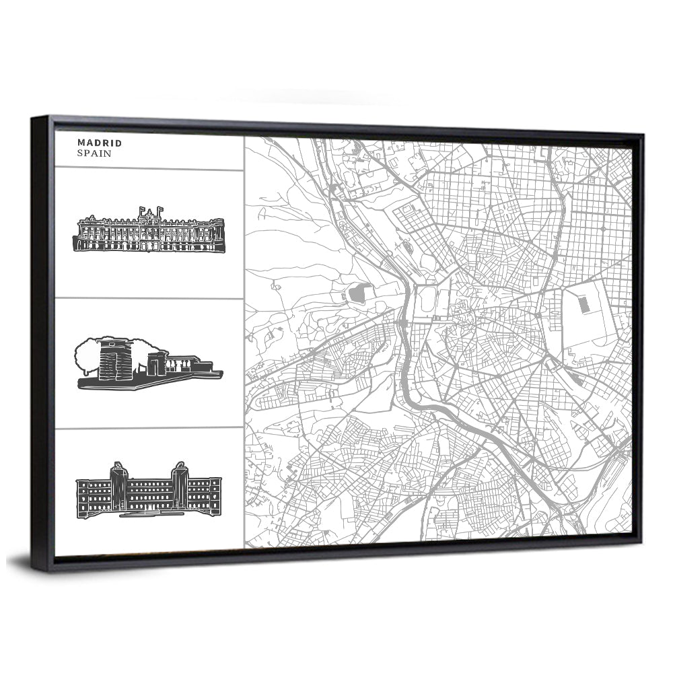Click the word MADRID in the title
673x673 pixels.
pyautogui.click(x=99, y=143)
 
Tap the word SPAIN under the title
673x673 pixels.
pyautogui.click(x=94, y=153)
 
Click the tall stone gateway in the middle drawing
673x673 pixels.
pyautogui.click(x=110, y=361)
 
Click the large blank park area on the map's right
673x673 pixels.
pyautogui.click(x=592, y=323)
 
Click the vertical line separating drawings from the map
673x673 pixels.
pyautogui.click(x=244, y=336)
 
